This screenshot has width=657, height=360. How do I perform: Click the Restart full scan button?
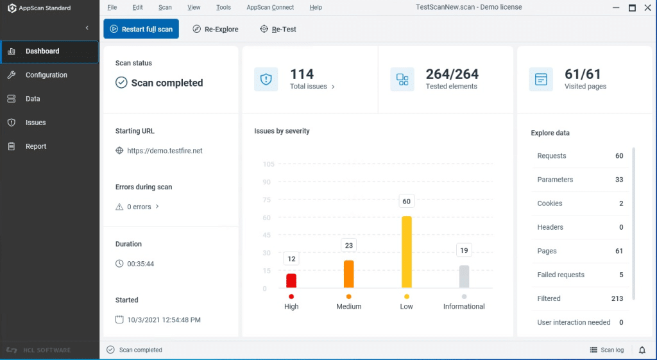pos(141,29)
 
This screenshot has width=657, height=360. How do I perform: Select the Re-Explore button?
pos(216,29)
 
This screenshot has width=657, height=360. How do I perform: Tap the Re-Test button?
pos(278,29)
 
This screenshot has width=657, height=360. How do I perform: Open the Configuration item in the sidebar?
pos(46,75)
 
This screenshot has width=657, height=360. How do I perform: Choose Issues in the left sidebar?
pos(35,123)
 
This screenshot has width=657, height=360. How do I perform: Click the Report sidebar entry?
pos(36,146)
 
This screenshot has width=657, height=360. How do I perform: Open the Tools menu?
pos(223,8)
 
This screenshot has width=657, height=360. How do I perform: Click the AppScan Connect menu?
pos(270,8)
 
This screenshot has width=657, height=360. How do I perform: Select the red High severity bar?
pos(291,280)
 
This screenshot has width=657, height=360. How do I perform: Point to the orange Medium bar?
pos(348,274)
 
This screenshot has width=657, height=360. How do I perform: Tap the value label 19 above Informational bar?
pos(464,250)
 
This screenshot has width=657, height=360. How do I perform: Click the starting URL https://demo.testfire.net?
pos(165,151)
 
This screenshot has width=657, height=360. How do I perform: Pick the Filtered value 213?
pos(617,298)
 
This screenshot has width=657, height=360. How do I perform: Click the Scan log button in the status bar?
pos(607,350)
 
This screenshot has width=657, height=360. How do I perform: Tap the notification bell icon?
pos(642,350)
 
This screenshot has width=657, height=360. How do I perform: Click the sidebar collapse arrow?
pos(87,28)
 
